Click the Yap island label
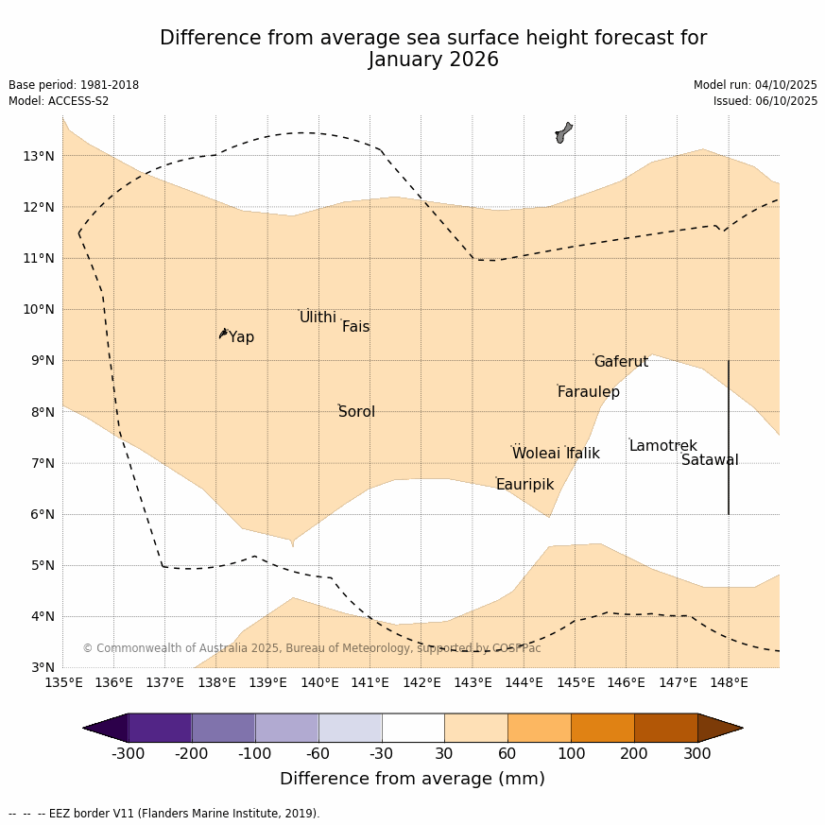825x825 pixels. (241, 337)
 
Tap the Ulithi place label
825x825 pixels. (318, 318)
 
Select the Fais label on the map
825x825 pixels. (355, 327)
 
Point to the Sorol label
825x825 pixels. (356, 412)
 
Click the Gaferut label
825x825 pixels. (621, 362)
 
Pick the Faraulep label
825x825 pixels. (588, 392)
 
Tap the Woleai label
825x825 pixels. (536, 454)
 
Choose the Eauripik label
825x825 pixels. (524, 485)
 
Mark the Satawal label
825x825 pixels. (710, 460)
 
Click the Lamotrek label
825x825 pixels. (662, 446)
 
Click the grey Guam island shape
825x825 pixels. (563, 132)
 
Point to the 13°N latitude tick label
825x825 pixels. (39, 156)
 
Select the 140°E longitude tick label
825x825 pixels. (319, 682)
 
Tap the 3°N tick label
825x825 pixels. (43, 667)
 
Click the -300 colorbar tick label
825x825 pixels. (129, 753)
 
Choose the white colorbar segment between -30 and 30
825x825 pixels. (413, 728)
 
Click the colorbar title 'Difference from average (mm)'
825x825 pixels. (412, 780)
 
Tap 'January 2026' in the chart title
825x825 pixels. (433, 60)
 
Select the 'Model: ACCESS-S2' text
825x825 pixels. (59, 101)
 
